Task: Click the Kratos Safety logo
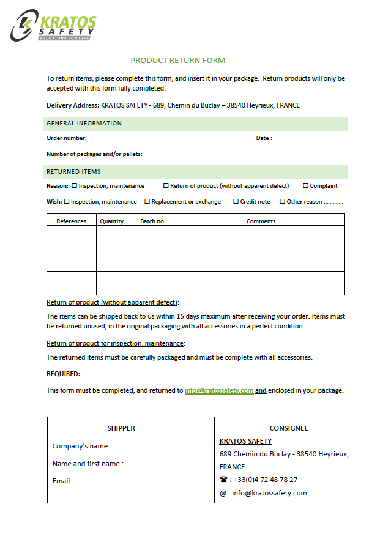pos(53,25)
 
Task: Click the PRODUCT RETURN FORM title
pos(178,60)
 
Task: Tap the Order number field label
pos(66,138)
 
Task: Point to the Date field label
pos(264,138)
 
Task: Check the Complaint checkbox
pos(306,185)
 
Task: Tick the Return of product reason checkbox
pos(166,185)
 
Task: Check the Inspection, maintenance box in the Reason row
pos(75,185)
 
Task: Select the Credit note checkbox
pos(236,201)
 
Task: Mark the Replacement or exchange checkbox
pos(147,201)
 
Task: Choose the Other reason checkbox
pos(283,201)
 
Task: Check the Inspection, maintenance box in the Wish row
pos(67,201)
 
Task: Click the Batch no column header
pos(152,221)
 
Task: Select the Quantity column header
pos(111,221)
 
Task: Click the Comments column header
pos(261,221)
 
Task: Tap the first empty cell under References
pos(72,237)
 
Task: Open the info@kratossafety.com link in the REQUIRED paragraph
pos(219,390)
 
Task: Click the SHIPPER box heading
pos(121,428)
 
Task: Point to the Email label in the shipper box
pos(63,481)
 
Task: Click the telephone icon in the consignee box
pos(223,480)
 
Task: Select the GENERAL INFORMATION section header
pos(84,124)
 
